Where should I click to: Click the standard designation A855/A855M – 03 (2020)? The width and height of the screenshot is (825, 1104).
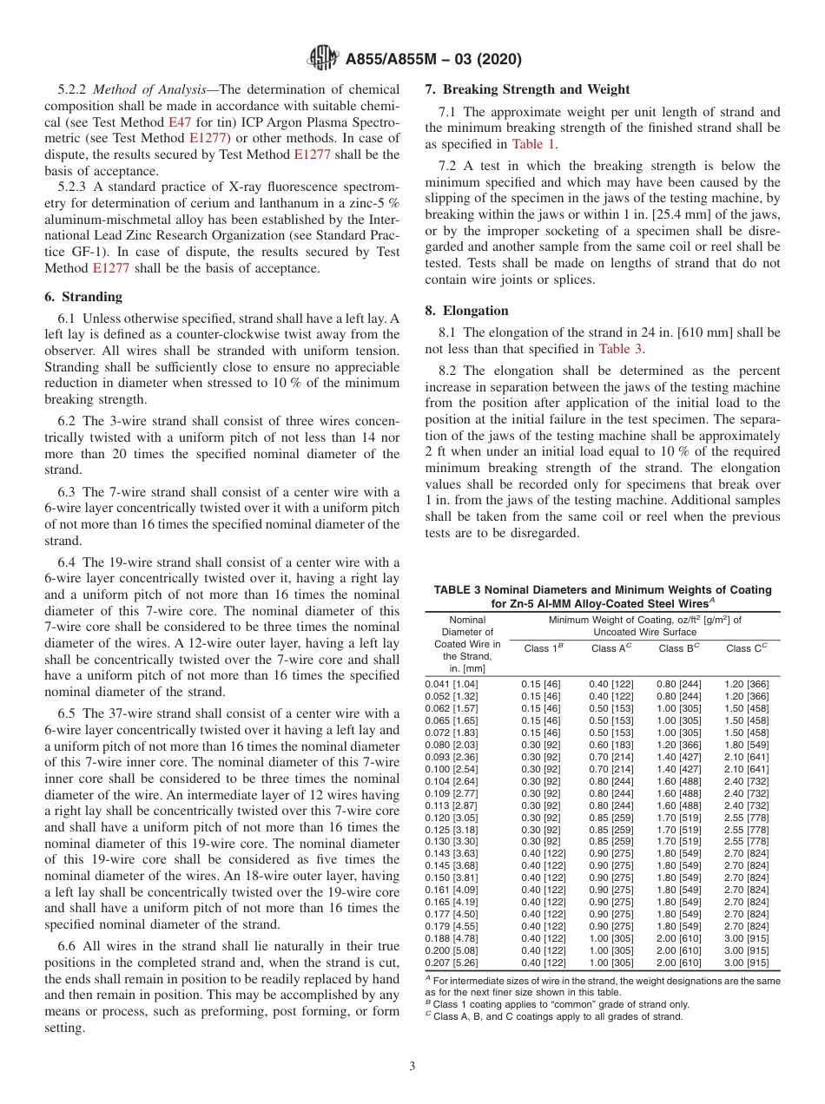point(433,60)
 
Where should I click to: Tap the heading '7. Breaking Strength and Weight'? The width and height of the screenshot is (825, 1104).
point(527,89)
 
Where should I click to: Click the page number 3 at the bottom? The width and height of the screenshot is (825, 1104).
point(412,1066)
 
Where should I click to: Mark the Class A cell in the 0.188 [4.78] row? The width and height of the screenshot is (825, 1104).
point(610,938)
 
